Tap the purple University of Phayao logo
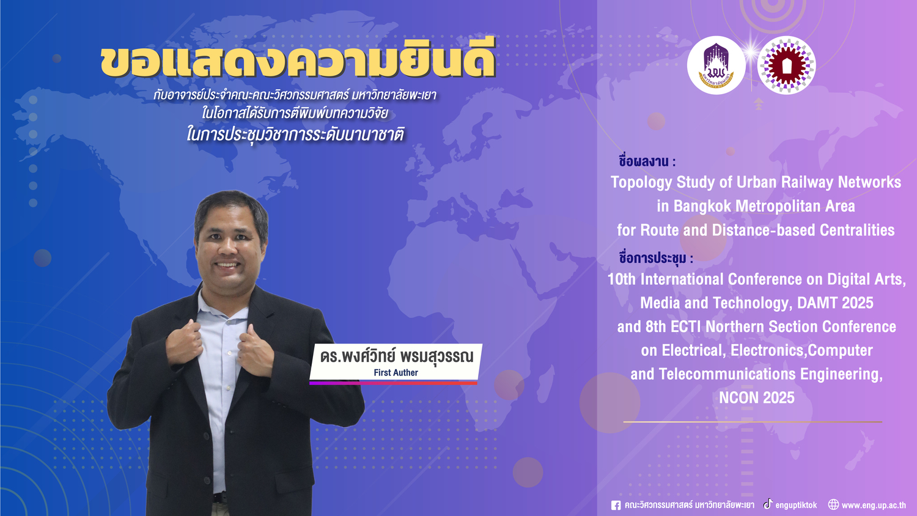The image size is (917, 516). pos(716,65)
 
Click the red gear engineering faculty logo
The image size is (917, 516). pos(786,65)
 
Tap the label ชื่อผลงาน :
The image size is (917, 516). pos(647,161)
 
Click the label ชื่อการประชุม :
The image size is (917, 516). pos(656,258)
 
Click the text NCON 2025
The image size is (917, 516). pos(757,397)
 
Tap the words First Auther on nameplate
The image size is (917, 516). pos(396,373)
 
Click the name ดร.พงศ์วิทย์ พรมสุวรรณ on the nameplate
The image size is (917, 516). pos(397,356)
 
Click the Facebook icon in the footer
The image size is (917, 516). pos(616,506)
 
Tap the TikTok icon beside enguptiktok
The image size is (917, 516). pos(768,504)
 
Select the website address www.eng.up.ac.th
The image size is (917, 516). pos(874,506)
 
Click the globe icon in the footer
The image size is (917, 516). pos(833,504)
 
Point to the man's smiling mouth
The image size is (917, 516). pos(227,265)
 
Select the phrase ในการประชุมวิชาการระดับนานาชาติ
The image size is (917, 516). pos(295,135)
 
